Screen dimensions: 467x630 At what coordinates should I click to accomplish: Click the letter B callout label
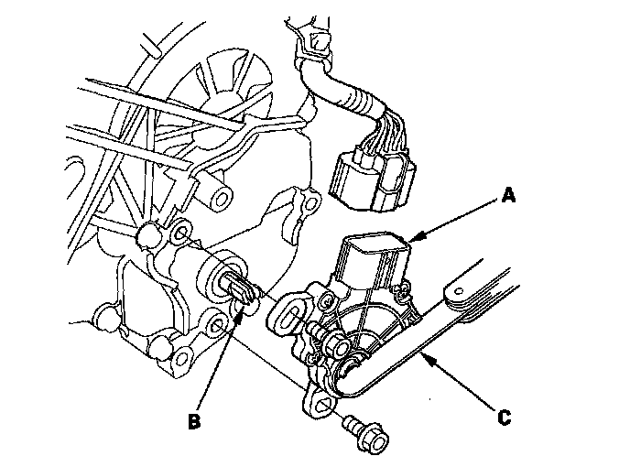[x=194, y=422]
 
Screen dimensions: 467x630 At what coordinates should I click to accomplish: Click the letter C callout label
[x=503, y=417]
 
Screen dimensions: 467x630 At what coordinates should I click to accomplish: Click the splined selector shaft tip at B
[x=242, y=290]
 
